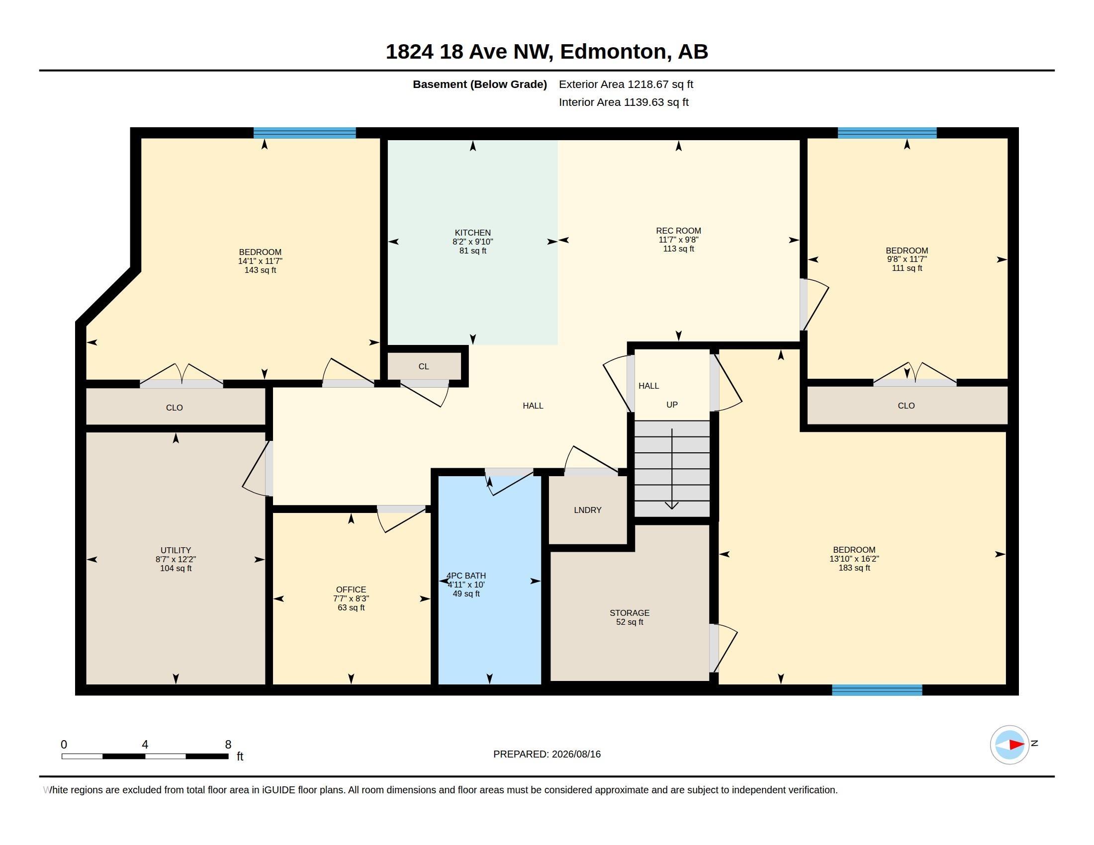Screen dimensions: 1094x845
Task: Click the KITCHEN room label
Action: click(x=472, y=233)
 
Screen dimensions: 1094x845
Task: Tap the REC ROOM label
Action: click(x=678, y=231)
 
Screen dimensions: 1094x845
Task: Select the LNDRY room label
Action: click(x=588, y=510)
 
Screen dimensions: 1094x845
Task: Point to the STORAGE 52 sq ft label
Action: click(x=629, y=617)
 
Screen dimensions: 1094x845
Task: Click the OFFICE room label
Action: click(x=351, y=590)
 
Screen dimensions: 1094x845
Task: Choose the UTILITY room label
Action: click(x=176, y=550)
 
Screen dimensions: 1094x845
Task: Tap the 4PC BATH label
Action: click(x=466, y=576)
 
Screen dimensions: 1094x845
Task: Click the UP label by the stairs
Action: click(x=672, y=405)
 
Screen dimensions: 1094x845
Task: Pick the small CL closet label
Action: click(x=423, y=366)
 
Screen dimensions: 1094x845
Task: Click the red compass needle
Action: click(x=1016, y=745)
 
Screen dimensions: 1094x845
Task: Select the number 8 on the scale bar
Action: click(x=228, y=745)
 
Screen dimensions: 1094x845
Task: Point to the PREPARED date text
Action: click(x=547, y=754)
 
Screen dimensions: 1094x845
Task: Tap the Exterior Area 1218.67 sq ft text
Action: click(x=626, y=84)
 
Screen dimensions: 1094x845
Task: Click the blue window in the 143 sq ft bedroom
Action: click(x=304, y=133)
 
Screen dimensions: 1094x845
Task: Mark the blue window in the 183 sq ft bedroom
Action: click(x=877, y=690)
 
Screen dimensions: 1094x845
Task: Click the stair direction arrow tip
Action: click(x=671, y=508)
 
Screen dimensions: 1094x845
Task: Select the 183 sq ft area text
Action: click(x=854, y=568)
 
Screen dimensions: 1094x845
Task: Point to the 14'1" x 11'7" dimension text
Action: click(x=260, y=261)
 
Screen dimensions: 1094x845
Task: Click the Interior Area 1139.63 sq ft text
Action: click(x=624, y=102)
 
